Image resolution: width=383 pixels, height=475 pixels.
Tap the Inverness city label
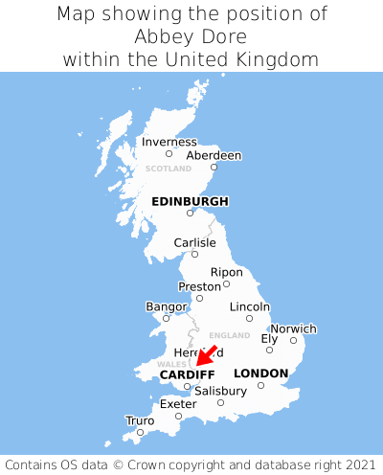169,142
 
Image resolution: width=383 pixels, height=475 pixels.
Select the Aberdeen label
214,155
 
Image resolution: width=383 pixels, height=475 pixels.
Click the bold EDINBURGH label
190,201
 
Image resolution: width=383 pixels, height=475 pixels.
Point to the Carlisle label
194,242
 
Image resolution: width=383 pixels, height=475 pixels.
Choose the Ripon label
226,272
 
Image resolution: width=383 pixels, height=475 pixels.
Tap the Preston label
200,285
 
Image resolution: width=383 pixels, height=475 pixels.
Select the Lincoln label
250,306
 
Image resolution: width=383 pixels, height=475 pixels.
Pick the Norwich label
293,328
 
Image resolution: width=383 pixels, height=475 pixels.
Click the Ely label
269,338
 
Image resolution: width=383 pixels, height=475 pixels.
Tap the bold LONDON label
260,373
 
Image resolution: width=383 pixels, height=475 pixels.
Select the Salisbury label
220,391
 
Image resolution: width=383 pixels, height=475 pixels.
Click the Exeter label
178,404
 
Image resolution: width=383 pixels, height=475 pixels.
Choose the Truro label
140,419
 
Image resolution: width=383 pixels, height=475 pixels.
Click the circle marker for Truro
140,432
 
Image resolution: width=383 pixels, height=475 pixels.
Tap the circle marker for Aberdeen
214,168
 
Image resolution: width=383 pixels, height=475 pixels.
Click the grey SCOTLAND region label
169,169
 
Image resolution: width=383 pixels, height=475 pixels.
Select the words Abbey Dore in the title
191,36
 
